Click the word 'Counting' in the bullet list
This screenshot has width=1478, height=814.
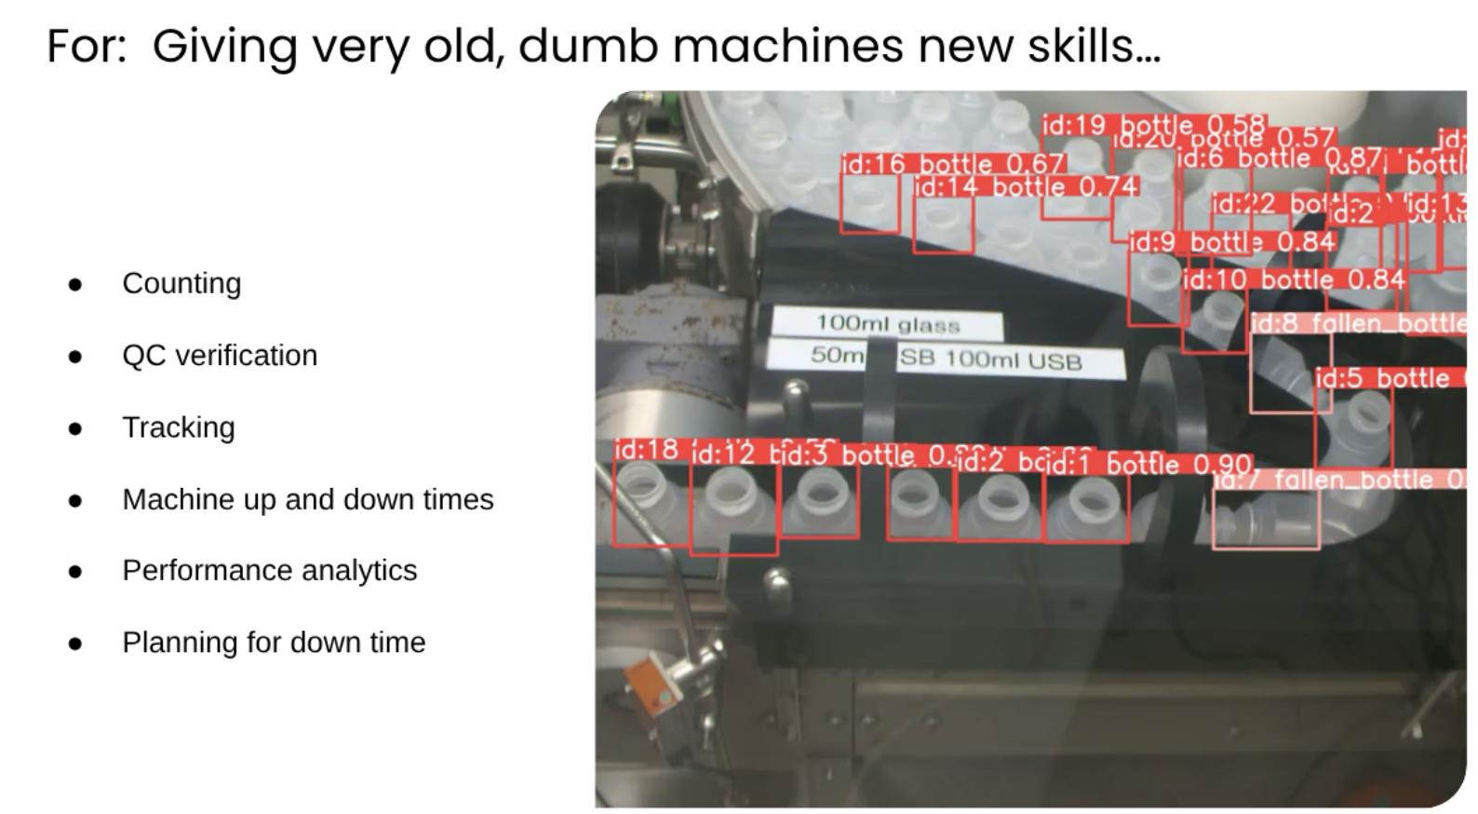point(181,283)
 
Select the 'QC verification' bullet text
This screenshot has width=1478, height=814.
point(220,355)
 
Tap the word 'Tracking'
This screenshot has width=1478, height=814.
point(179,427)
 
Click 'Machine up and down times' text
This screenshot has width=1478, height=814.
point(307,499)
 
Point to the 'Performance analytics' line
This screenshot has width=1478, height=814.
point(269,570)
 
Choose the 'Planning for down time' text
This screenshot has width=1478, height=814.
point(274,642)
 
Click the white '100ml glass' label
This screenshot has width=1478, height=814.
point(887,324)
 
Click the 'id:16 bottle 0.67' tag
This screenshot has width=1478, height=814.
point(952,164)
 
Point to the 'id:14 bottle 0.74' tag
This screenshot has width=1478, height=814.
point(1025,186)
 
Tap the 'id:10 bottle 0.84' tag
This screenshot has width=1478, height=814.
point(1294,279)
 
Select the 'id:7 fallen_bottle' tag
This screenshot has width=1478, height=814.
point(1340,480)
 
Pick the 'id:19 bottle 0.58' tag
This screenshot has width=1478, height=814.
point(1153,124)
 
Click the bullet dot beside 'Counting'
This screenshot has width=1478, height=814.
point(75,284)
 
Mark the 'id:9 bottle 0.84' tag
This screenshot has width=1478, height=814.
point(1232,242)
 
